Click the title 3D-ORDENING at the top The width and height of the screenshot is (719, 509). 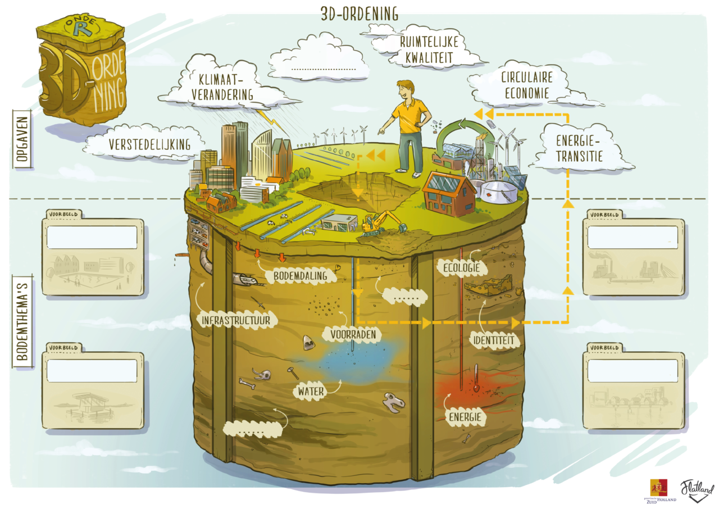pos(359,13)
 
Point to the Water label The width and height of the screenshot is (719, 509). pos(312,390)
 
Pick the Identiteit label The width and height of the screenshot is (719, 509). pos(493,340)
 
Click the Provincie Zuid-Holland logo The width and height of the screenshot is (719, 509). pos(659,490)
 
